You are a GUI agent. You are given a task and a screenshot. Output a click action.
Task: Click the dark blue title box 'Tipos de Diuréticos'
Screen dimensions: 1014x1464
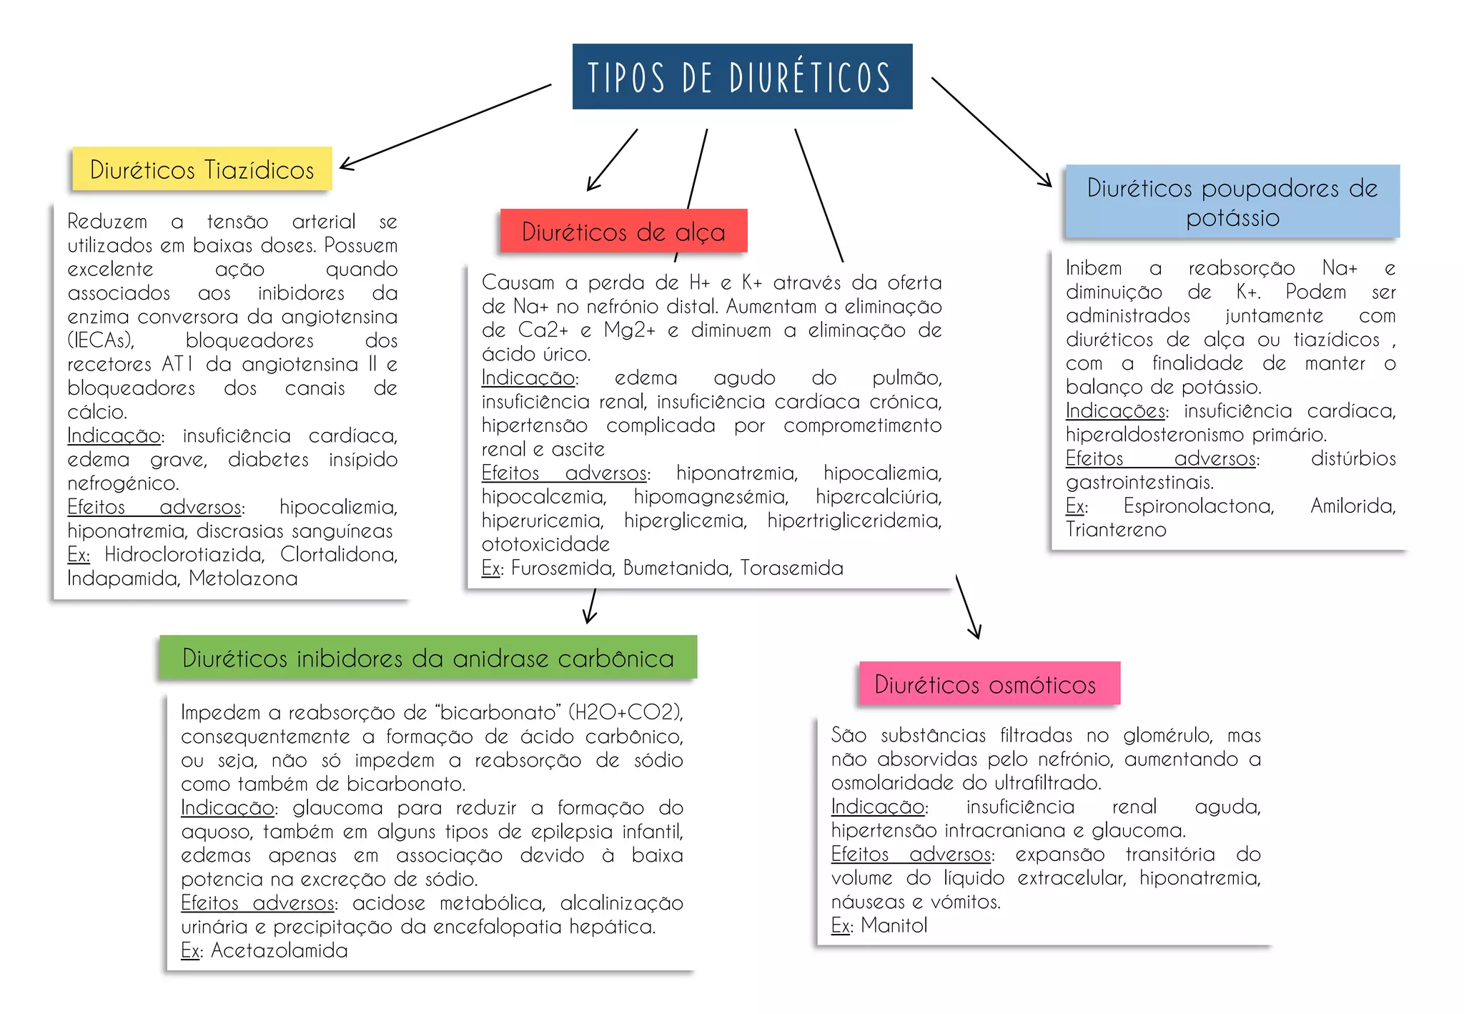[742, 77]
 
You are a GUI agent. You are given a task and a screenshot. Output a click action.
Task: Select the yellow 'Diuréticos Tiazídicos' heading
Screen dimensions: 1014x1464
[202, 169]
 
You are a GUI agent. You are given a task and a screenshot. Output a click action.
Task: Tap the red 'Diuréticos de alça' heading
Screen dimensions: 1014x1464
[623, 231]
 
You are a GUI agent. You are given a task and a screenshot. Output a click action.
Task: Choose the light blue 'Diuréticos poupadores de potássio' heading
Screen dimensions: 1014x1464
[1232, 202]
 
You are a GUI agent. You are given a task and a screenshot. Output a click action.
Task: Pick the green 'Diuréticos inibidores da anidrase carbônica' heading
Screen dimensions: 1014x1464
[427, 657]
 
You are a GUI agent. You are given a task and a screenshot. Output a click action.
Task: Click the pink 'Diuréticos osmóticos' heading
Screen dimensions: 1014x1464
[989, 684]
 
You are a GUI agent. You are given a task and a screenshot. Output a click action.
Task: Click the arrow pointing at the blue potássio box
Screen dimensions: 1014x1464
[991, 132]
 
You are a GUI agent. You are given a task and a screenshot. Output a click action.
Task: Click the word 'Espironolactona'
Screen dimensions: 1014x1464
[1198, 506]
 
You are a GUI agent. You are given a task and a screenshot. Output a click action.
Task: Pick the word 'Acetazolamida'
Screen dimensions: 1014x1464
[279, 950]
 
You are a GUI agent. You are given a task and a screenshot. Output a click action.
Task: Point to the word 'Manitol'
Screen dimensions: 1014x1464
[894, 925]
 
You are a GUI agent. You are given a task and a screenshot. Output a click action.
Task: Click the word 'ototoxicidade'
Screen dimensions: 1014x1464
[545, 544]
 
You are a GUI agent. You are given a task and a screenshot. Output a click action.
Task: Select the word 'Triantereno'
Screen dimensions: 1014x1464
[1115, 530]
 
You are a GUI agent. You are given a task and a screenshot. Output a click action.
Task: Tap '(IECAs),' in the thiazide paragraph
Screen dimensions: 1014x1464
[101, 340]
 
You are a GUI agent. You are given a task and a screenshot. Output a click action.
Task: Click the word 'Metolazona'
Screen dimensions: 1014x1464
[243, 578]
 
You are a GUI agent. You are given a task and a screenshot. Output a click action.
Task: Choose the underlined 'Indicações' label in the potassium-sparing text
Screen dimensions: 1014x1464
[1115, 410]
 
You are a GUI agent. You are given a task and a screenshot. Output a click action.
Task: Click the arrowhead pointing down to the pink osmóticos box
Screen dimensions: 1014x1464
[975, 631]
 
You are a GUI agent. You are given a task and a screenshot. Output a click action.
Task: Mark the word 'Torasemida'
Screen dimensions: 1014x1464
[791, 568]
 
